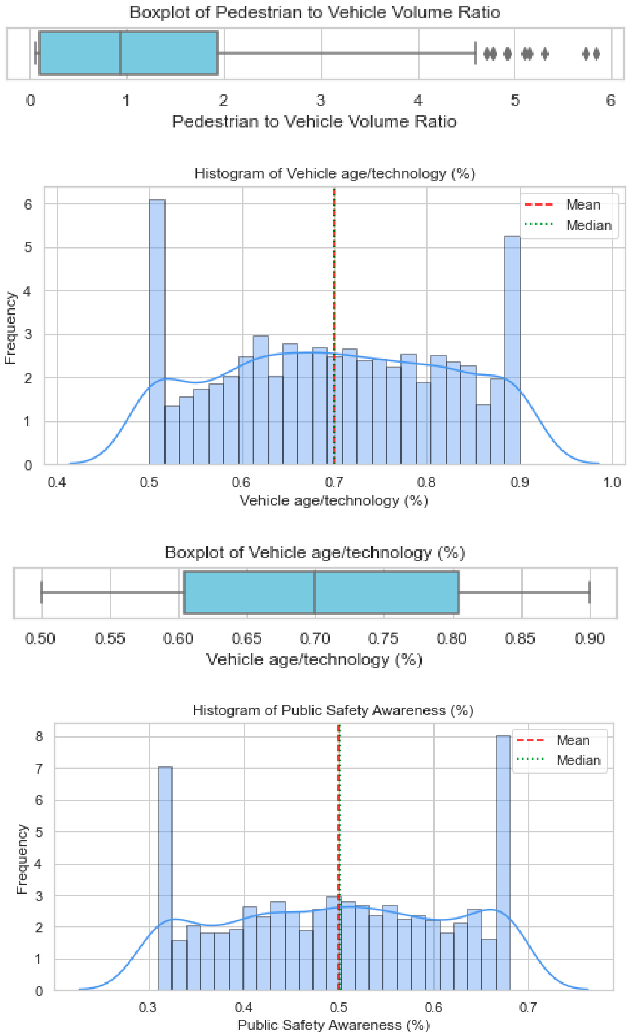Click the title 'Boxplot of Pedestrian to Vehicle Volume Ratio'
(315, 13)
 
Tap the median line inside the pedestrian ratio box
(121, 53)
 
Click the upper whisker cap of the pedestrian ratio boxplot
(476, 53)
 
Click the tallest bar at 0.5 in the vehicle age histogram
(157, 332)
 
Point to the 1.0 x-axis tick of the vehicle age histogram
(612, 482)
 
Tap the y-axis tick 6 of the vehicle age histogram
(28, 205)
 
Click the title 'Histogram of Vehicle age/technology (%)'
(335, 174)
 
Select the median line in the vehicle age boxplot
(315, 592)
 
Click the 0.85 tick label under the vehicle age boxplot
(520, 639)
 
